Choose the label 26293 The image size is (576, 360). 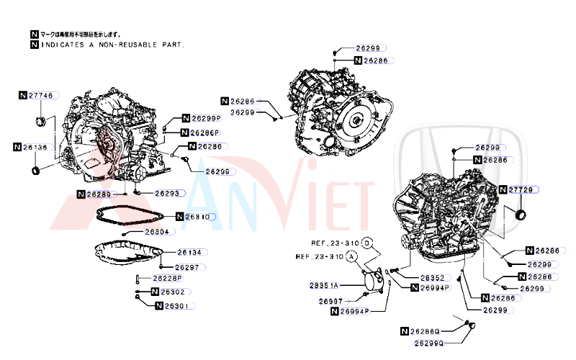[166, 194]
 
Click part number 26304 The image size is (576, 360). [157, 232]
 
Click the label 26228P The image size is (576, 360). [166, 278]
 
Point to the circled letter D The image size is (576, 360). [367, 243]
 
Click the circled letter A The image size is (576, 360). [351, 256]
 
